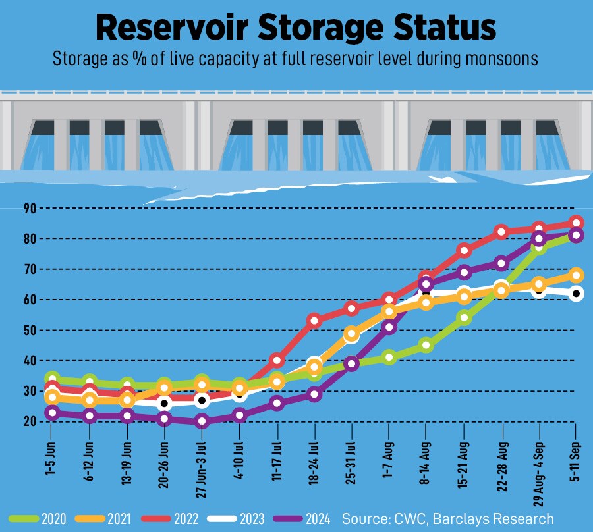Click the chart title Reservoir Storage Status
[x=296, y=27]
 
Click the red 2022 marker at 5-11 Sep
[x=576, y=223]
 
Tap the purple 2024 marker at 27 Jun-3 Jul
[x=202, y=421]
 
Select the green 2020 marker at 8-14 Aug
[x=426, y=345]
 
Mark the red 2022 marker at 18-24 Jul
[x=314, y=321]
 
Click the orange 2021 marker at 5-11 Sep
[x=576, y=275]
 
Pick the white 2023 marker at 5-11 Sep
[x=576, y=294]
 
